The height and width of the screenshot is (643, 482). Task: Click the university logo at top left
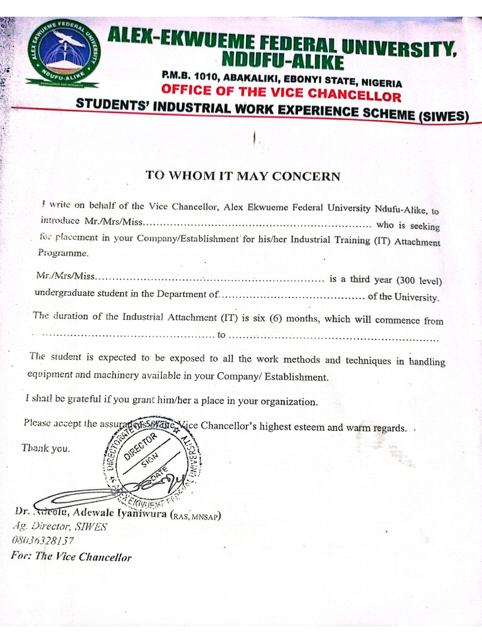(x=63, y=53)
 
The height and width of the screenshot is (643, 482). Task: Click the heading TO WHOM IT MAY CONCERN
(x=243, y=176)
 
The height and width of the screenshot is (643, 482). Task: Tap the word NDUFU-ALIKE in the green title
(x=282, y=62)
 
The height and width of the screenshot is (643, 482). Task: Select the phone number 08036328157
(x=43, y=540)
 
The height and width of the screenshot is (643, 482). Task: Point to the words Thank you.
(x=46, y=448)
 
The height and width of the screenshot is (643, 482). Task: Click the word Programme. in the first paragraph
(x=63, y=254)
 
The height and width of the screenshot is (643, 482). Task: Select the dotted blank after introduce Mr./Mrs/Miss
(x=259, y=223)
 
